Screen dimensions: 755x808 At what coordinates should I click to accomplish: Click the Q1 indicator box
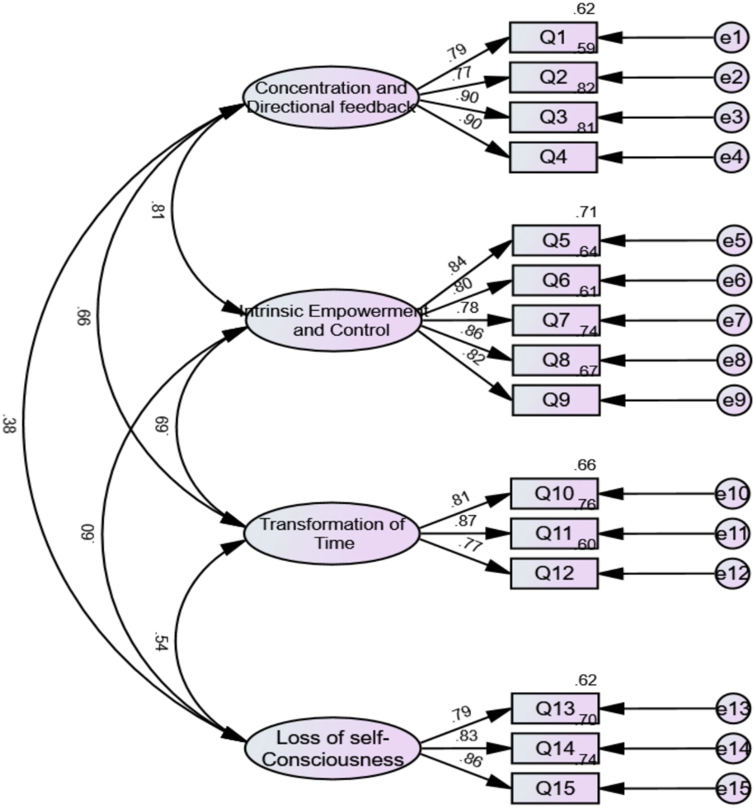(553, 37)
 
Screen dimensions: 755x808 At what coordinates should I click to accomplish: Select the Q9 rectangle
(556, 400)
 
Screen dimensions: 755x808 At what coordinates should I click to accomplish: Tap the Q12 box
(554, 573)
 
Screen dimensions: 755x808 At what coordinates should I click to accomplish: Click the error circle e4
(732, 158)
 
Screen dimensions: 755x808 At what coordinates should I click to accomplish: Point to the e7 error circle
(734, 321)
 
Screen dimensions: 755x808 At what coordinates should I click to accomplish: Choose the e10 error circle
(733, 494)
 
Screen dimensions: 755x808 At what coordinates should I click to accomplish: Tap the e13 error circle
(733, 709)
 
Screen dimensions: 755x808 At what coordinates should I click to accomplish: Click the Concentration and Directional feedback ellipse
(331, 97)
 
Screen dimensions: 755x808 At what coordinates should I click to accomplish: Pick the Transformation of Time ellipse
(332, 533)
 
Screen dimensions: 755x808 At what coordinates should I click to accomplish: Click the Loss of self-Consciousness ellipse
(333, 748)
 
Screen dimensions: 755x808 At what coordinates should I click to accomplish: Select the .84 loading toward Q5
(457, 265)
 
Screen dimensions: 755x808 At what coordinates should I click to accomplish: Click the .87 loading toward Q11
(465, 521)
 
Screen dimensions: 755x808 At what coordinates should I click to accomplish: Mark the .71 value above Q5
(586, 213)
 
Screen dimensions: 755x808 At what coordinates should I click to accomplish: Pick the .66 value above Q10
(584, 465)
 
